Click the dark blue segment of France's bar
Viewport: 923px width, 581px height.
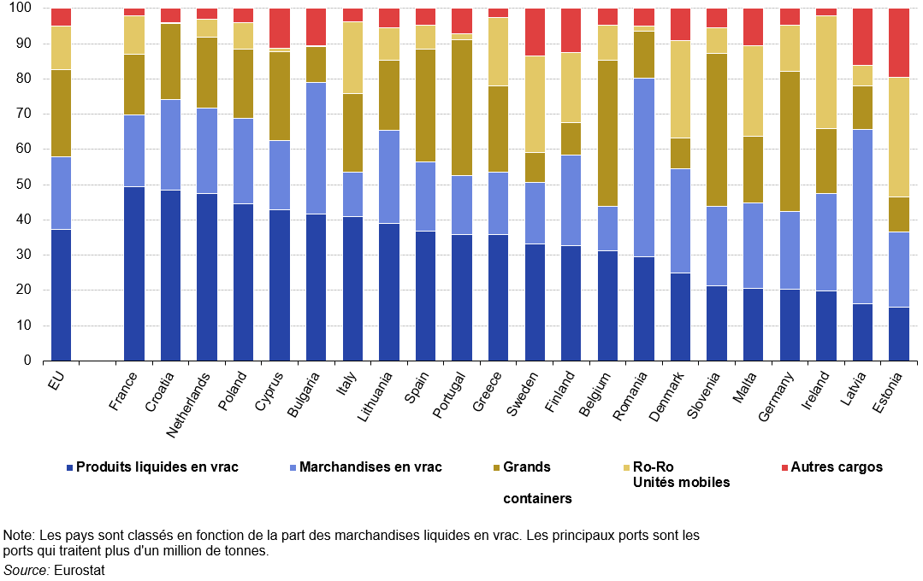134,273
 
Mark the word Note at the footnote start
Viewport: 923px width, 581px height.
17,536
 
